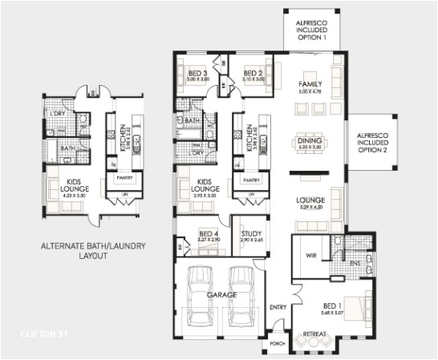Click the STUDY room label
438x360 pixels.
(x=250, y=235)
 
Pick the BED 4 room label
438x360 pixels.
(x=208, y=235)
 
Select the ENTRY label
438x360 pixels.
(x=278, y=307)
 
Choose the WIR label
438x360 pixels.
(x=310, y=257)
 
